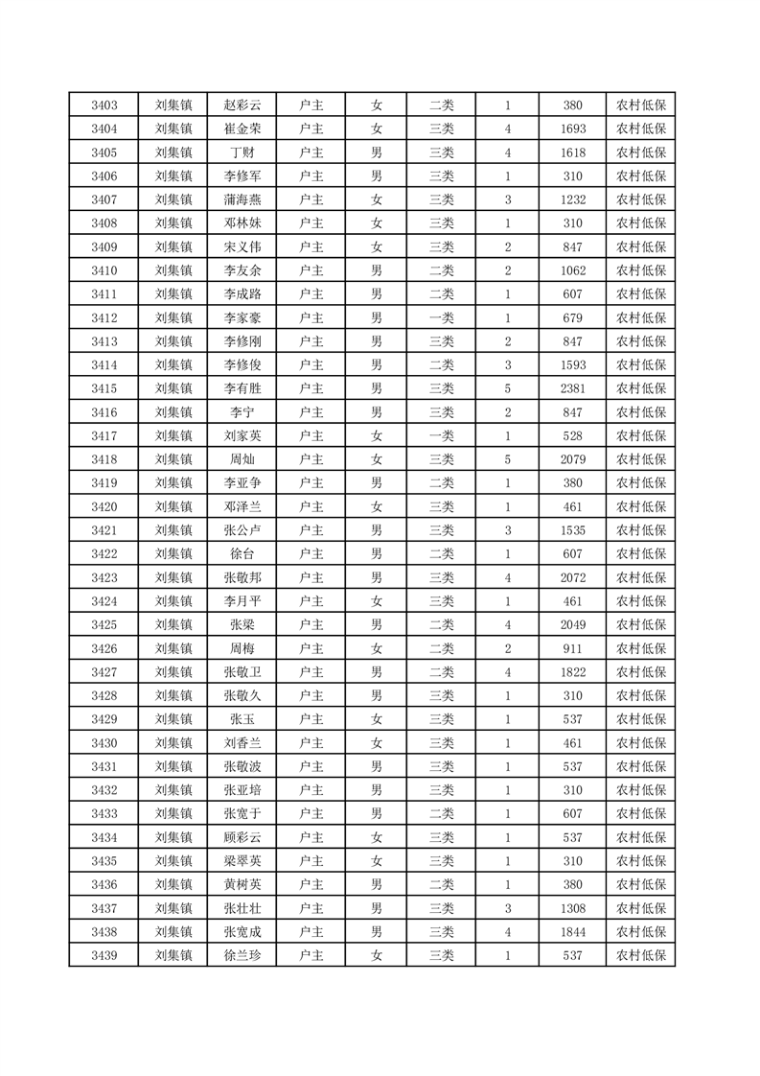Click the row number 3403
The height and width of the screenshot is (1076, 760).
click(x=104, y=105)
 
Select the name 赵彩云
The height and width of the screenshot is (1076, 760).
click(x=242, y=105)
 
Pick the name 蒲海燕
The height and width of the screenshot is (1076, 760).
click(x=242, y=199)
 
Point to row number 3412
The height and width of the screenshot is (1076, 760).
click(x=104, y=318)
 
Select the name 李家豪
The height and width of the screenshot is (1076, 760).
click(x=242, y=318)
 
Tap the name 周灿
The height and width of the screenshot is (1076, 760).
click(x=242, y=459)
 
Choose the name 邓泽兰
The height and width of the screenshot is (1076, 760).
click(x=242, y=506)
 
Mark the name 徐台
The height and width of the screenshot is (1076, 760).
click(x=242, y=554)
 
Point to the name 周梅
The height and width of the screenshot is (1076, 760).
click(x=242, y=648)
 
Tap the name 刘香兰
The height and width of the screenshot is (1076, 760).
click(x=242, y=742)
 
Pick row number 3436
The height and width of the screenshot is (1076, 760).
click(x=104, y=884)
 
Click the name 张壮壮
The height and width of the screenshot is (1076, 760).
click(x=242, y=908)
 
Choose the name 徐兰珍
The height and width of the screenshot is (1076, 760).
click(x=242, y=955)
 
